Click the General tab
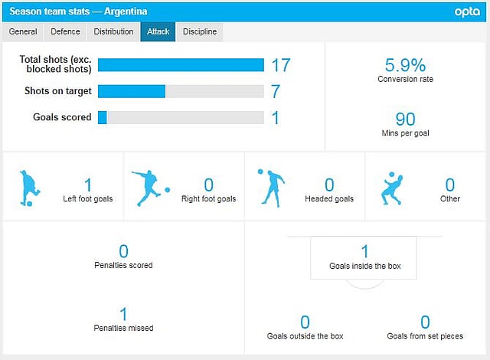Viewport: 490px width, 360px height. [x=23, y=31]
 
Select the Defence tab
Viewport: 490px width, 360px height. [x=65, y=31]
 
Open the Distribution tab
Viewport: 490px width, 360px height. [x=113, y=31]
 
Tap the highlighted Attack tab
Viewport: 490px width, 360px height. [x=158, y=31]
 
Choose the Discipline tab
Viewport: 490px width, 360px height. [x=200, y=31]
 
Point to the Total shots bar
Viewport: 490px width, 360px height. [x=181, y=64]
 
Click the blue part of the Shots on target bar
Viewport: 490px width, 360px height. [x=132, y=91]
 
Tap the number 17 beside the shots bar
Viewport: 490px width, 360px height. [x=281, y=65]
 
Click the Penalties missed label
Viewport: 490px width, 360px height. [x=124, y=328]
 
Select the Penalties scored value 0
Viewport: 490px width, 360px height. [x=124, y=251]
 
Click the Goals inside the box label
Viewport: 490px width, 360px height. [x=364, y=267]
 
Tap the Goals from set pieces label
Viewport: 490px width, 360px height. [x=425, y=335]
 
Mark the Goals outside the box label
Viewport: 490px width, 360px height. [x=305, y=335]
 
